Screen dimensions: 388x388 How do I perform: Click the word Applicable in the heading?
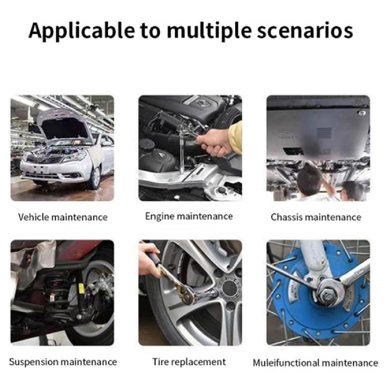82,31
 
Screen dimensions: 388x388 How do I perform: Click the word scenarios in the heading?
305,31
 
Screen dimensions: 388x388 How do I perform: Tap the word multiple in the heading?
209,31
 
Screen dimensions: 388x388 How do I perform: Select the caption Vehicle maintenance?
63,217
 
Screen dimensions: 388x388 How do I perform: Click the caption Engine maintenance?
189,216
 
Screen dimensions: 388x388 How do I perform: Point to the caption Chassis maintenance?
316,217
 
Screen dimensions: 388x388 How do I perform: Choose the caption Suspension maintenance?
63,362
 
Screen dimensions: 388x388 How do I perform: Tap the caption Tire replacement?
189,362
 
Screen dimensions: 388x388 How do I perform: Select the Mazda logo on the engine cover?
203,102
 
